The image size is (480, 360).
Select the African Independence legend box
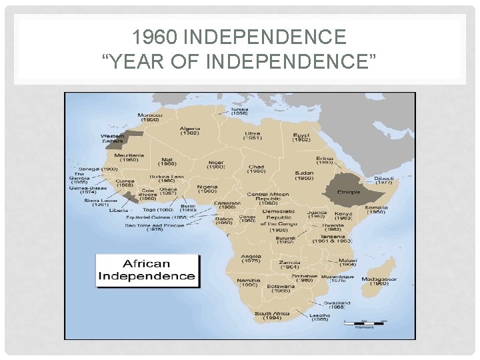pos(147,270)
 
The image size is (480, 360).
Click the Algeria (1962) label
pos(189,131)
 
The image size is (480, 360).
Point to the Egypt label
pos(301,137)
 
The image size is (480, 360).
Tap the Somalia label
pos(375,210)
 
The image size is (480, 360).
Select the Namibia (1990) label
pos(248,283)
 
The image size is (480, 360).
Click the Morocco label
pos(149,117)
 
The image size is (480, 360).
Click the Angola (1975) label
pos(251,257)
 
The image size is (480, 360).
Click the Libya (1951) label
pos(253,135)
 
